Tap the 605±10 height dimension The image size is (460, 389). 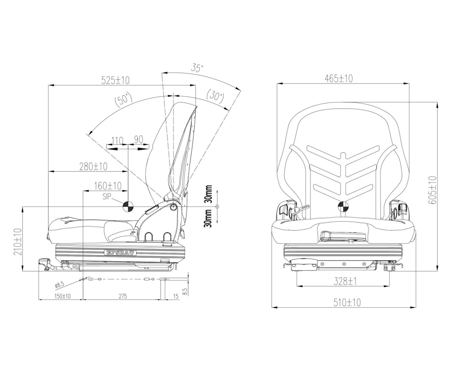pos(432,190)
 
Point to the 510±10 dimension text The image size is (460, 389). pos(347,303)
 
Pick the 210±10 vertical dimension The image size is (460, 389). pos(18,242)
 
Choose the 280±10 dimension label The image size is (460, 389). pos(93,167)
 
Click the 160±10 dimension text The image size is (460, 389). pos(108,186)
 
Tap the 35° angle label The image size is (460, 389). pos(196,68)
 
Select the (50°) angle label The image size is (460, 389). pos(124,99)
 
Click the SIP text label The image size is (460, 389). pos(106,196)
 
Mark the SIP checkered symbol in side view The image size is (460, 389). pos(128,206)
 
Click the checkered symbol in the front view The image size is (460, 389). pos(344,207)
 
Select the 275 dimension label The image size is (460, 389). pos(123,296)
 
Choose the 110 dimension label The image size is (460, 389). pos(117,140)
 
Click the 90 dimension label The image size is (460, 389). pos(138,140)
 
